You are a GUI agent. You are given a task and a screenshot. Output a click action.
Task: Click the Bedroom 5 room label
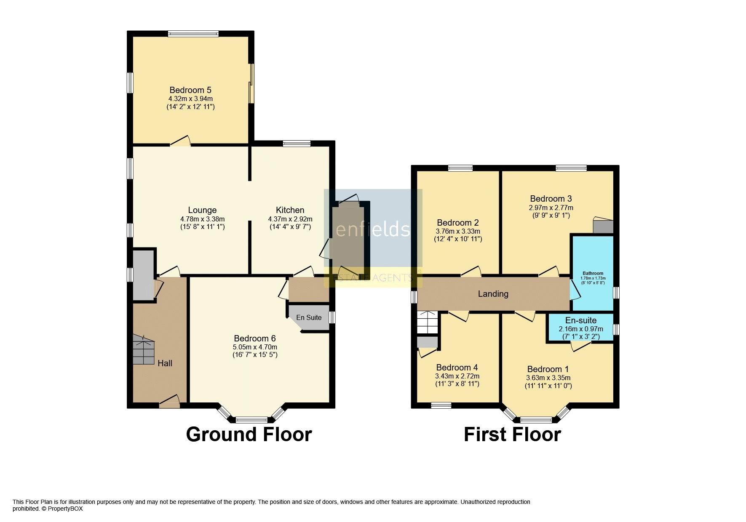click(x=190, y=90)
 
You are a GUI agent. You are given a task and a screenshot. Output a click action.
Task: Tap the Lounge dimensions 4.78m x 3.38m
click(x=202, y=219)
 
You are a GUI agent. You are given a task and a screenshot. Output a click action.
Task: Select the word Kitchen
click(x=290, y=210)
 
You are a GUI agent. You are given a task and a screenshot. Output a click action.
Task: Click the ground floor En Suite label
click(x=309, y=317)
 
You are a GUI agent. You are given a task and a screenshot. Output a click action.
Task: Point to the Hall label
click(x=165, y=363)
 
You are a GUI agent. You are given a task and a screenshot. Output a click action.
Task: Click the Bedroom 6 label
click(x=255, y=338)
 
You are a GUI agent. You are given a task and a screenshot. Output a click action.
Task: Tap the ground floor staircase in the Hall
click(x=143, y=350)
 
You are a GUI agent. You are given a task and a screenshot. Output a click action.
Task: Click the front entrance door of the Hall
click(x=169, y=402)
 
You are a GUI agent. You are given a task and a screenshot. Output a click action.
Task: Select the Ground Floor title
click(x=249, y=434)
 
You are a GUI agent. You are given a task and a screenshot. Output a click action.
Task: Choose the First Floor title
click(x=512, y=434)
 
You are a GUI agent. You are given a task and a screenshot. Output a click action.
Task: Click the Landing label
click(x=493, y=294)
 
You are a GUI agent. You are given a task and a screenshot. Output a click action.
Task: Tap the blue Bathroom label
click(x=593, y=273)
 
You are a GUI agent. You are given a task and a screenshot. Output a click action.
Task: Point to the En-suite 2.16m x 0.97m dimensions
click(x=581, y=329)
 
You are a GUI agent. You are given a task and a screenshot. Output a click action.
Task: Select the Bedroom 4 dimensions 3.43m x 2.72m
click(x=457, y=376)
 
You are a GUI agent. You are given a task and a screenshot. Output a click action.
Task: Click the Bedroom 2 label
click(x=458, y=223)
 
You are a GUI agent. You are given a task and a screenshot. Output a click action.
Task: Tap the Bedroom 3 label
click(x=551, y=199)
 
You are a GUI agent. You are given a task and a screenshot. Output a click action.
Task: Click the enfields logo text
click(x=372, y=229)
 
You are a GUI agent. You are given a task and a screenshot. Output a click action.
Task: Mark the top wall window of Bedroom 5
click(x=193, y=34)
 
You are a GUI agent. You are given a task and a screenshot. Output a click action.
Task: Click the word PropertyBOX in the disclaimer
click(x=65, y=509)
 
